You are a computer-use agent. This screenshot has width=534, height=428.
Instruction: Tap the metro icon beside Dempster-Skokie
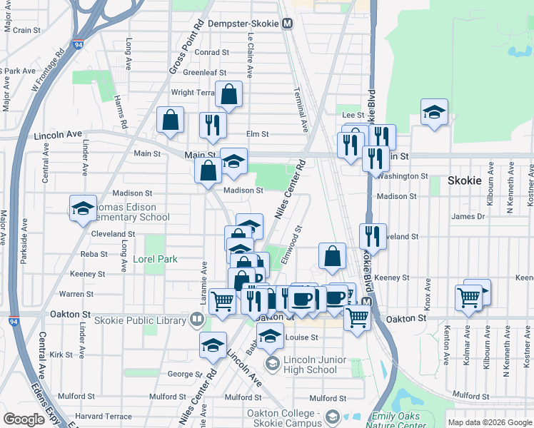point(288,24)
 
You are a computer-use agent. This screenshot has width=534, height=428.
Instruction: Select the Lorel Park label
point(155,260)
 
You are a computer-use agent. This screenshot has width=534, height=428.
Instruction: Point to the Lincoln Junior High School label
point(310,365)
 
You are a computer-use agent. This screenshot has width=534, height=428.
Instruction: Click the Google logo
point(24,419)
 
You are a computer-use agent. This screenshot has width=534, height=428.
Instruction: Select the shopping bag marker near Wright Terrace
point(229,94)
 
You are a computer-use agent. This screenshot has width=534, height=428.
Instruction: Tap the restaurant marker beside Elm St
point(213,125)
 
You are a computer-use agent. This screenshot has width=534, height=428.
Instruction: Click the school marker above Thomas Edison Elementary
point(84,208)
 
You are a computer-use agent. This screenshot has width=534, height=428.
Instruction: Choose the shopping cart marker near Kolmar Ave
point(469,297)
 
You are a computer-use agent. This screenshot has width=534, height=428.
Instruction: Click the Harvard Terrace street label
point(104,417)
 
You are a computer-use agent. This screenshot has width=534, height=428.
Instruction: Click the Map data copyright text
point(489,422)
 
